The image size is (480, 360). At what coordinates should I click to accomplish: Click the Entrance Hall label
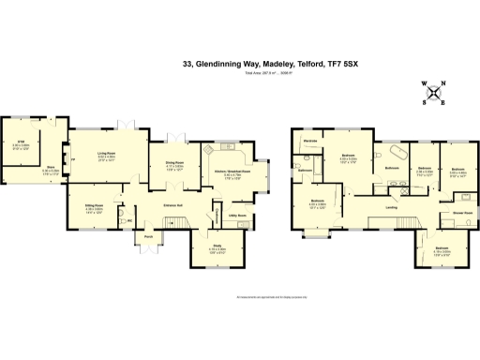172,204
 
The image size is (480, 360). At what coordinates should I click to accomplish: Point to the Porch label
148,237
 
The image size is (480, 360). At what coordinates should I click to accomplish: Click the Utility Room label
236,216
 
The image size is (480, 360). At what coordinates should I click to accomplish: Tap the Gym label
20,142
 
